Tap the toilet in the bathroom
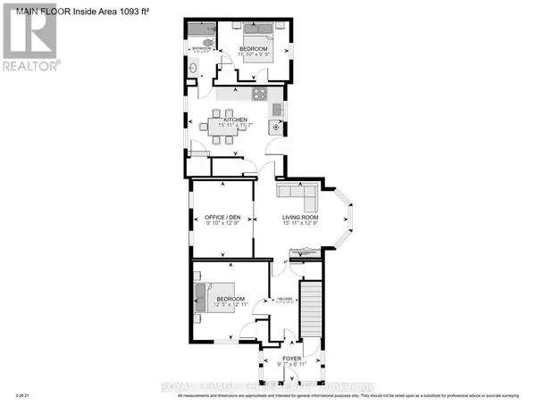click(x=207, y=42)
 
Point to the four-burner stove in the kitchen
click(x=259, y=94)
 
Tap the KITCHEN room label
click(x=235, y=120)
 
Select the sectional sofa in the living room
click(x=295, y=193)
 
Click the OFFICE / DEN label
click(x=222, y=217)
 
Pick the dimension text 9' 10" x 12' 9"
click(x=222, y=224)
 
